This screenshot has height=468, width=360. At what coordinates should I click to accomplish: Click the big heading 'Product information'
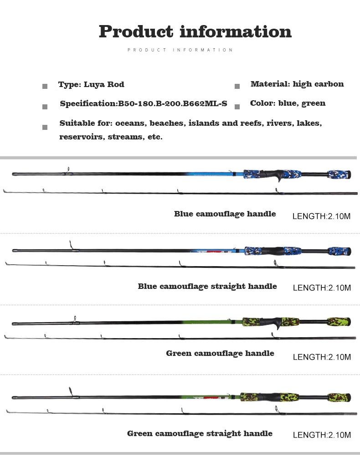click(x=195, y=31)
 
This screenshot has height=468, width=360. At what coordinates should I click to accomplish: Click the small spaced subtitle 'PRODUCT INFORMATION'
click(x=180, y=50)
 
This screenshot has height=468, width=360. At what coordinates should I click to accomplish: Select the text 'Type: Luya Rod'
click(x=91, y=84)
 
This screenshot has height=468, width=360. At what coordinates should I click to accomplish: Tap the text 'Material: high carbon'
click(x=297, y=84)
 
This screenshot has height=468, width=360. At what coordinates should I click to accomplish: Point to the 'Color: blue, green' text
click(x=288, y=103)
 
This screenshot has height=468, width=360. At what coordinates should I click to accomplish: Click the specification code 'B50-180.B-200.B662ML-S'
click(x=173, y=103)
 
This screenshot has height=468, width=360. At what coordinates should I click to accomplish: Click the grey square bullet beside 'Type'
click(x=45, y=86)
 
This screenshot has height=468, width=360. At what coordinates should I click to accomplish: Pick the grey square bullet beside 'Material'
click(x=237, y=86)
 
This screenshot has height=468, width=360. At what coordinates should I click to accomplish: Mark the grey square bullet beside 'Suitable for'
click(x=45, y=127)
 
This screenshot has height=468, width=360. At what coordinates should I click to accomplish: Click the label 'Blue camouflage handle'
click(x=225, y=214)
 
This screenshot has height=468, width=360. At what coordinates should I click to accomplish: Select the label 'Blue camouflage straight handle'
click(x=207, y=286)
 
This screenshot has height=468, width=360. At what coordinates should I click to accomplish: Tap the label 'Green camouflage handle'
click(x=220, y=353)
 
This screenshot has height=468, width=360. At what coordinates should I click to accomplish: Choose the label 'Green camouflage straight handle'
click(x=200, y=433)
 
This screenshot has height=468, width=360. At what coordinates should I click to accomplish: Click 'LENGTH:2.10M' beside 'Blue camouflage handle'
click(x=321, y=216)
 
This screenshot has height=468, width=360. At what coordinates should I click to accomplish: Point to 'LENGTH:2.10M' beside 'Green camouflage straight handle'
click(x=322, y=435)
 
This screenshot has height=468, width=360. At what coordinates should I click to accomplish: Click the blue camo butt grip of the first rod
click(x=339, y=174)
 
